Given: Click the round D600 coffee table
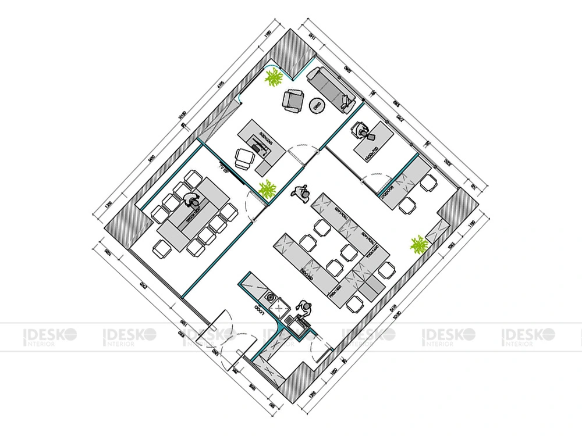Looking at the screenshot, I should pos(317,106).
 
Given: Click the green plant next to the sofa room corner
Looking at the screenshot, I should pos(274,77).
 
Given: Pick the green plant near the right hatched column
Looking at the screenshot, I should pos(418,245).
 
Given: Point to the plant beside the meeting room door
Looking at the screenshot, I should pos(267,190).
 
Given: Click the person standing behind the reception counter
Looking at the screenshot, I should pos(304,309).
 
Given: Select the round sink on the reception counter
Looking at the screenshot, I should pos(271,296).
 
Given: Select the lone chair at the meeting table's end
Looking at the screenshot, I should pos(161,248).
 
